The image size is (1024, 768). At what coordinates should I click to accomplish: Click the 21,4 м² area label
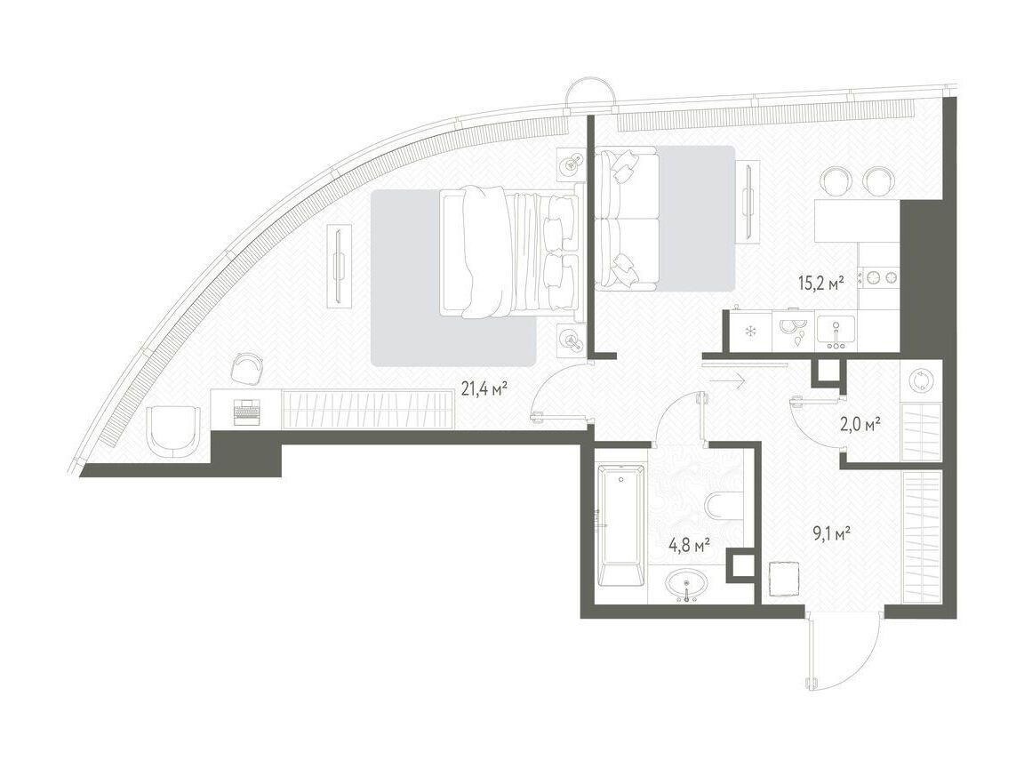click(484, 390)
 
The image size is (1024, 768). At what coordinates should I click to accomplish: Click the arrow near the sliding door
click(725, 382)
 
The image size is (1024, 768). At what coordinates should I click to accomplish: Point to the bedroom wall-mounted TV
click(339, 265)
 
